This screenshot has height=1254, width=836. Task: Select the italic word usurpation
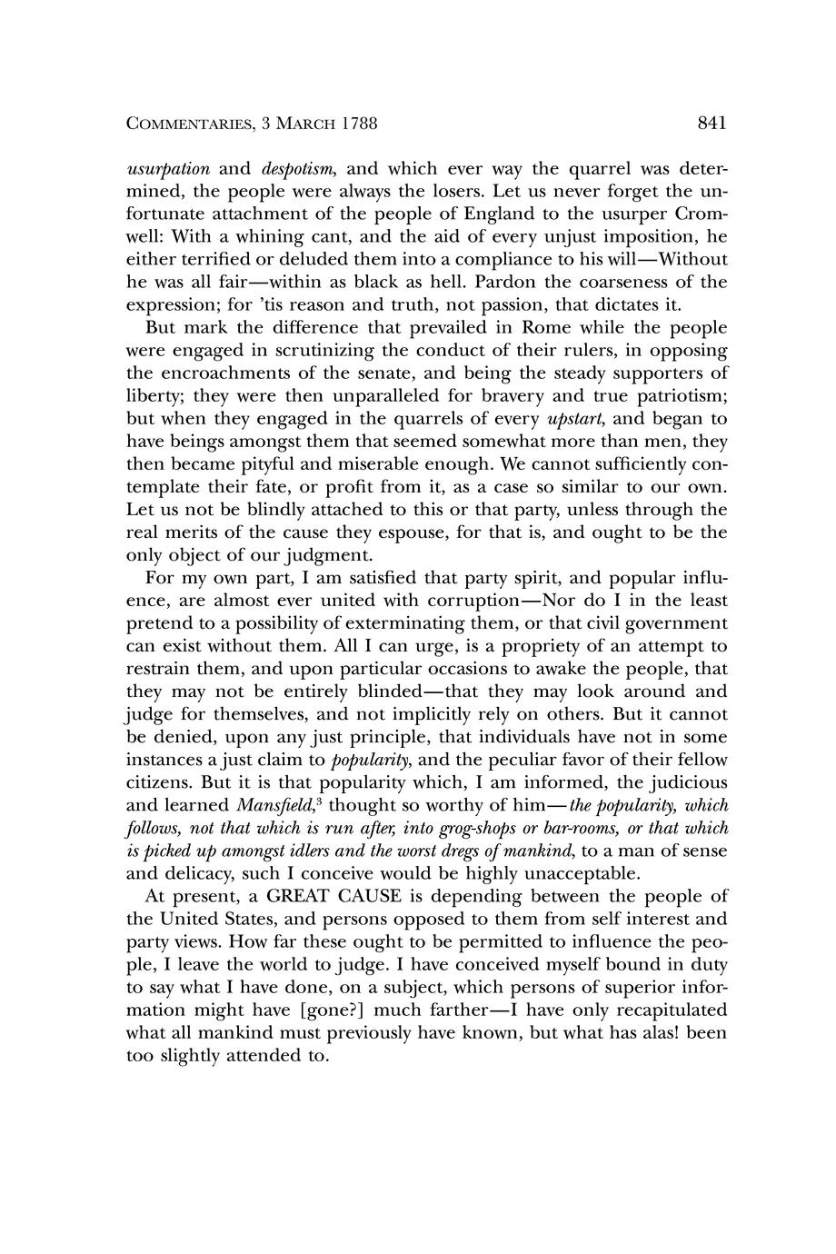click(168, 169)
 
